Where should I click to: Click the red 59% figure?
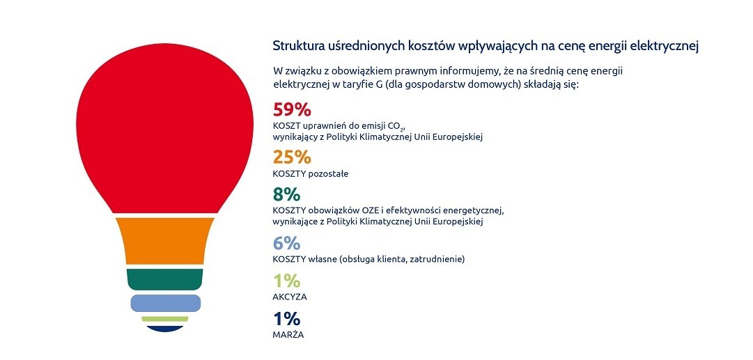pyautogui.click(x=292, y=109)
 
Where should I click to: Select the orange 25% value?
pyautogui.click(x=292, y=157)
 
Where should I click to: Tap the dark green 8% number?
pyautogui.click(x=286, y=195)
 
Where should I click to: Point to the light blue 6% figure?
pyautogui.click(x=286, y=243)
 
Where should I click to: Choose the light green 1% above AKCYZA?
pyautogui.click(x=286, y=281)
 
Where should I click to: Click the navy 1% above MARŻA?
pyautogui.click(x=286, y=319)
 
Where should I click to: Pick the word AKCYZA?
pyautogui.click(x=290, y=297)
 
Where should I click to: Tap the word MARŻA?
pyautogui.click(x=288, y=334)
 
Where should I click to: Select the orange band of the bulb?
pyautogui.click(x=164, y=241)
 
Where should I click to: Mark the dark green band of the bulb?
pyautogui.click(x=164, y=279)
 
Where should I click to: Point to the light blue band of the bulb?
pyautogui.click(x=165, y=303)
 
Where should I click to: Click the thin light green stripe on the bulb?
pyautogui.click(x=164, y=319)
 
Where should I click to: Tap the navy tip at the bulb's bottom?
pyautogui.click(x=164, y=329)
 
